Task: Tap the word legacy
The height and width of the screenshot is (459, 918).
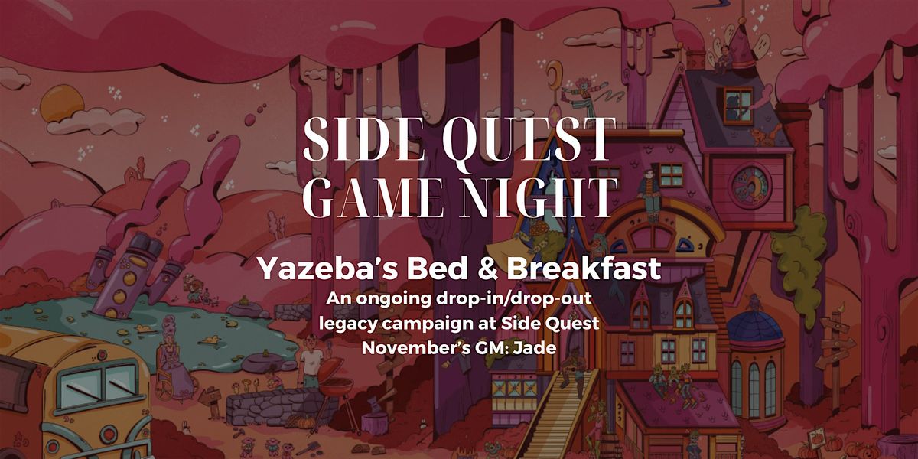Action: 343,323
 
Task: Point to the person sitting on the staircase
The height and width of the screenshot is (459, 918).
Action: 570,373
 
